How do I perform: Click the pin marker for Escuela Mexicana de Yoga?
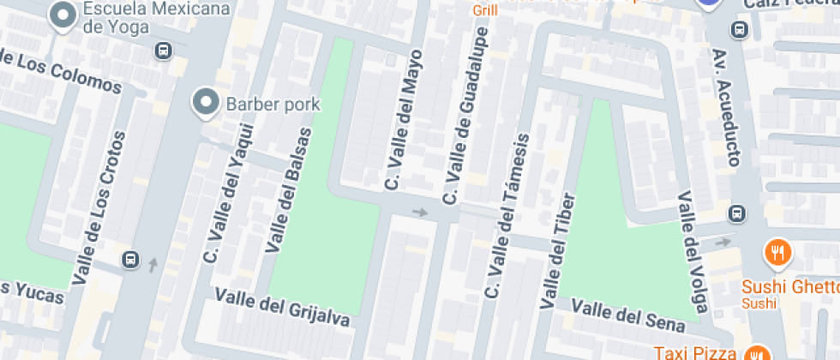click(62, 15)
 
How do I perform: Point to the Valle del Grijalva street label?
click(283, 307)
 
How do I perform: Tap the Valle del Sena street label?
click(628, 315)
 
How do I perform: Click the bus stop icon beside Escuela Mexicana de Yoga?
click(162, 51)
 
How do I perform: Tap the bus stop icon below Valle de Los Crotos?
click(130, 259)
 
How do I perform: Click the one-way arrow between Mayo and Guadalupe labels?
click(420, 212)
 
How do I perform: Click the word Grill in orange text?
click(484, 11)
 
